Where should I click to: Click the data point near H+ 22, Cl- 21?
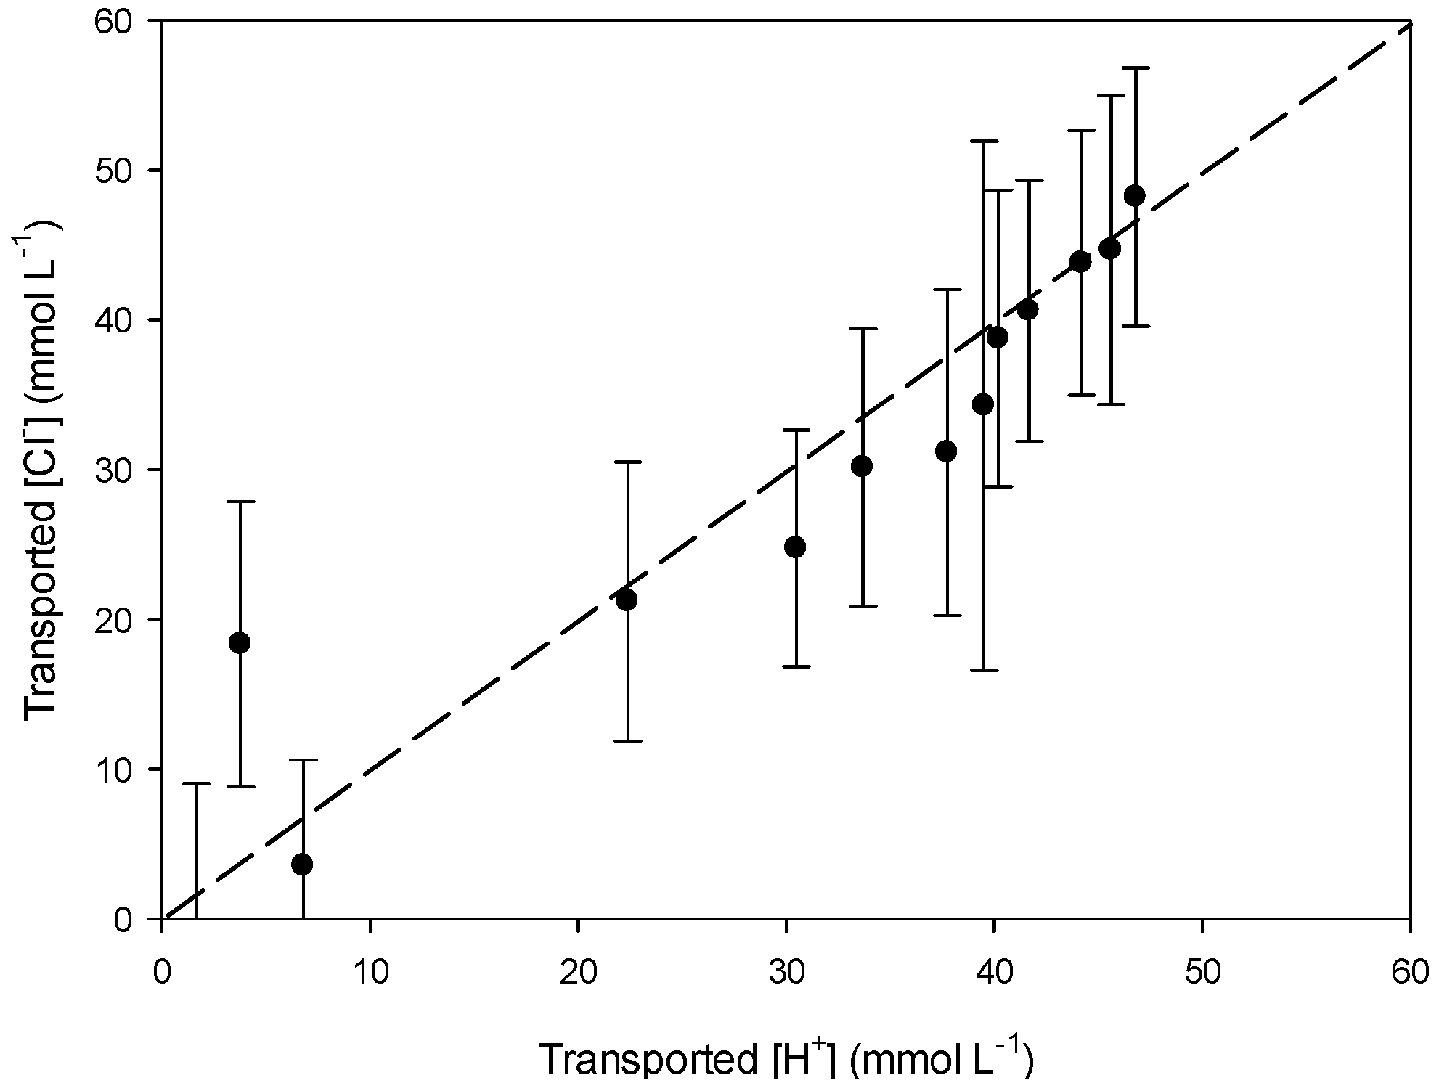coord(626,600)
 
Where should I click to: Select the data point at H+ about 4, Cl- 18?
coord(240,642)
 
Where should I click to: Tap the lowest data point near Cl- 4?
coord(303,865)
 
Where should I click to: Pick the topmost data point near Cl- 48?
coord(1134,195)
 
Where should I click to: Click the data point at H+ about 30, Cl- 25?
coord(796,547)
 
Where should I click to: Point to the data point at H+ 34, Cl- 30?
coord(862,466)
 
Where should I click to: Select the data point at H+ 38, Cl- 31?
coord(946,451)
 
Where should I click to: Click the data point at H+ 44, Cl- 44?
coord(1080,261)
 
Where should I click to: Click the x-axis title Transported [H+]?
coord(786,1061)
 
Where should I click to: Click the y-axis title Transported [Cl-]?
coord(42,470)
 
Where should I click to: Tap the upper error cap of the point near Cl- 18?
coord(240,502)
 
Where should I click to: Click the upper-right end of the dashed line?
coord(1407,25)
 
